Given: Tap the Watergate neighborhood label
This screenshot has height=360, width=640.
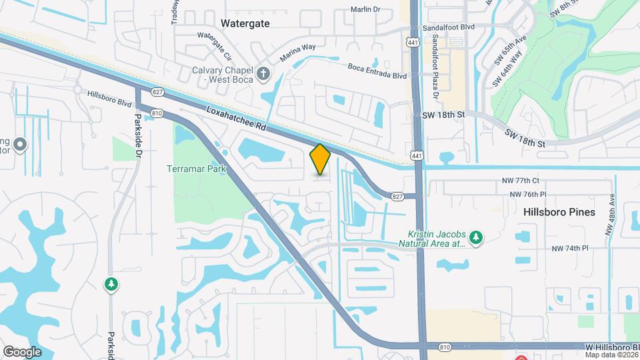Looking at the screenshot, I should click(x=245, y=23).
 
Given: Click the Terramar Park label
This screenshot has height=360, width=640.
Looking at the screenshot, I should click(x=197, y=169).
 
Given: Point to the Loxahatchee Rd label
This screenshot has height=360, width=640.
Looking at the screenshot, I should click(x=236, y=118).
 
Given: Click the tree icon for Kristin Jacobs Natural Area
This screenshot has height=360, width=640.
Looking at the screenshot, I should click(x=475, y=237).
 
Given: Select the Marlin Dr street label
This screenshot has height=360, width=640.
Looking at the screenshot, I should click(x=365, y=10).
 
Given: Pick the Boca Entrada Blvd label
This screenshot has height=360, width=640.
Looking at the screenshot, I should click(x=377, y=67).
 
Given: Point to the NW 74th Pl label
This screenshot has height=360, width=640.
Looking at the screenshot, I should click(x=570, y=248).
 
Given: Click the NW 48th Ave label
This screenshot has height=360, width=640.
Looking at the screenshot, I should click(x=609, y=215).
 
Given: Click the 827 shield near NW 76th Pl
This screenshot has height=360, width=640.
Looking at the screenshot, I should click(x=398, y=196).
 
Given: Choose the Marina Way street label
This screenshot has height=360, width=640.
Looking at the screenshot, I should click(x=297, y=53).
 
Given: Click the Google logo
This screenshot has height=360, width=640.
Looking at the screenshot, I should click(x=22, y=351).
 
